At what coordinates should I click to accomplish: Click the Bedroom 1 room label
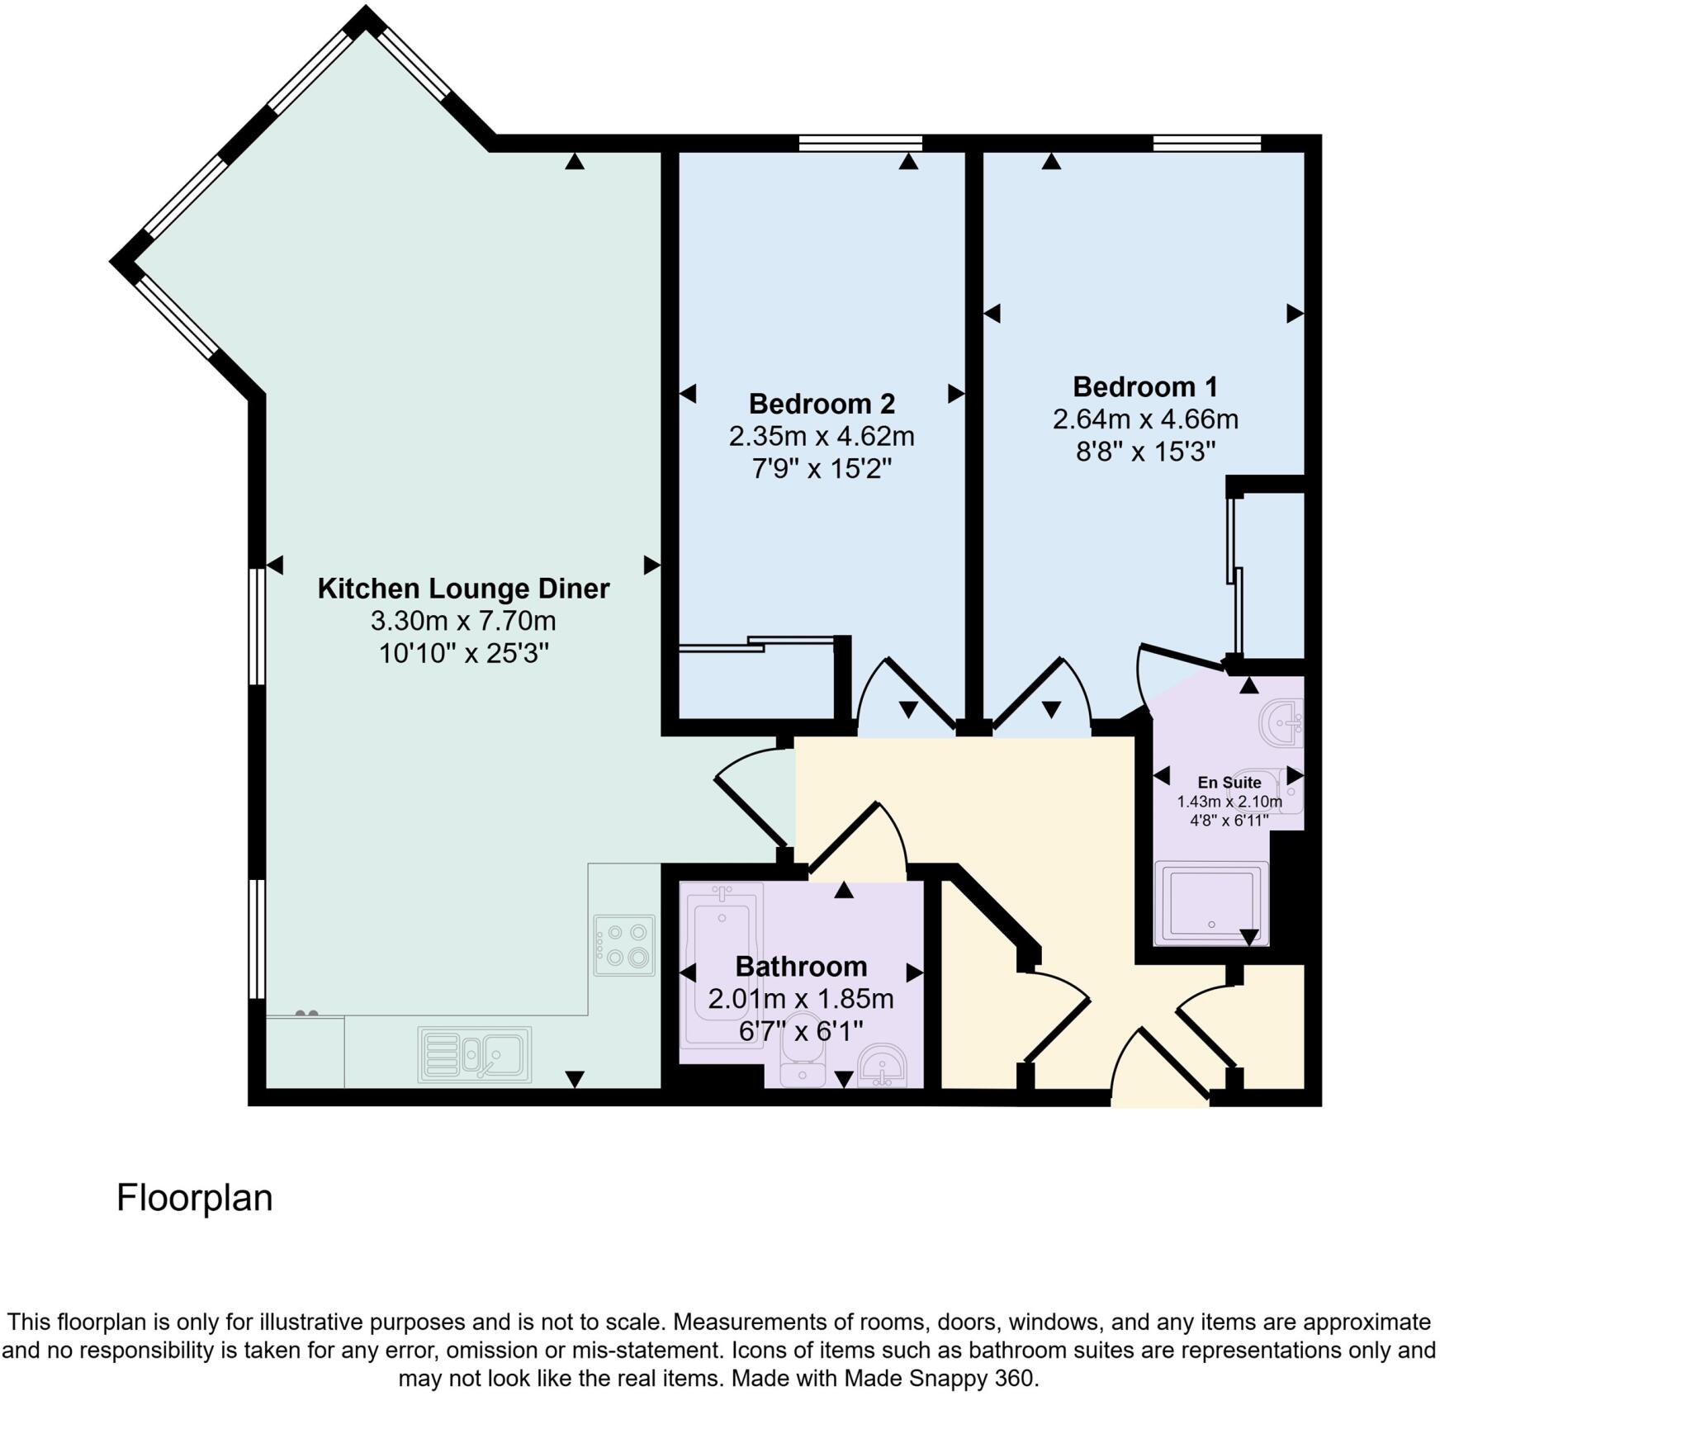(x=1144, y=386)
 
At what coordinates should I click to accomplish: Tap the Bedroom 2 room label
(x=822, y=404)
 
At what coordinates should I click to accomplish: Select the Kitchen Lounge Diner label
(x=463, y=589)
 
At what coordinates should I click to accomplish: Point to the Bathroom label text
(x=801, y=966)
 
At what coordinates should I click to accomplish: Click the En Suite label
(x=1229, y=783)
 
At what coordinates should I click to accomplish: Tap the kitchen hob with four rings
(x=624, y=945)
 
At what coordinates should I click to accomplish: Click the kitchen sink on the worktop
(x=475, y=1054)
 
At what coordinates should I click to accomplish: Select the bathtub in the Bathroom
(x=722, y=966)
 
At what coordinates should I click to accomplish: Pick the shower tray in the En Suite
(x=1211, y=902)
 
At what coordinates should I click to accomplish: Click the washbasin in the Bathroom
(x=883, y=1065)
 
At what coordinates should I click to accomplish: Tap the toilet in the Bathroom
(x=803, y=1061)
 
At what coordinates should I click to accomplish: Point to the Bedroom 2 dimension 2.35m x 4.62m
(x=822, y=436)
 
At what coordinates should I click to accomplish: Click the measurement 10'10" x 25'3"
(x=463, y=653)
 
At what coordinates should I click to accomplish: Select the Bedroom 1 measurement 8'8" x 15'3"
(x=1145, y=452)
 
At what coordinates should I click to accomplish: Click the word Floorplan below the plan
(x=195, y=1198)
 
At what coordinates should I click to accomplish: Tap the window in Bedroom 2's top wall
(x=860, y=144)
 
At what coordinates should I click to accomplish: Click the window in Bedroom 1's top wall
(x=1207, y=144)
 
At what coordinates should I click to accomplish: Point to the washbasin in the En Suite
(x=1281, y=723)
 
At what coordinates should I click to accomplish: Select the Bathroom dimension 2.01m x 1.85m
(x=801, y=999)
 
